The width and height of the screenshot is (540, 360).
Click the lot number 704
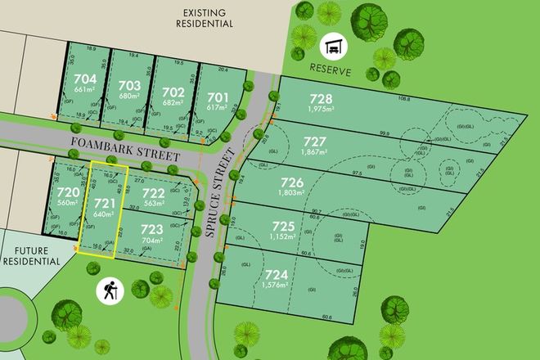point(85,80)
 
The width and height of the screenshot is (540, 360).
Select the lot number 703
point(128,85)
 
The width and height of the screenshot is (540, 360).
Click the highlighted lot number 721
point(103,201)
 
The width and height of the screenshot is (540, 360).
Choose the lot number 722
point(154,194)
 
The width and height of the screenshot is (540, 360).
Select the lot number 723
point(151,230)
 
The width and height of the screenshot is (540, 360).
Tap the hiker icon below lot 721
point(110,289)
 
